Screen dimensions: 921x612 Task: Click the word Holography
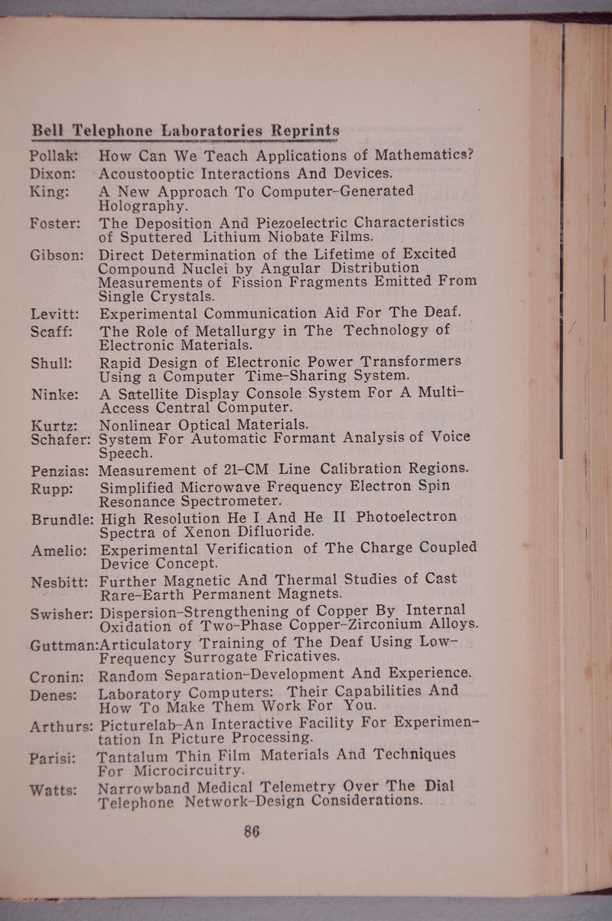(x=140, y=205)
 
